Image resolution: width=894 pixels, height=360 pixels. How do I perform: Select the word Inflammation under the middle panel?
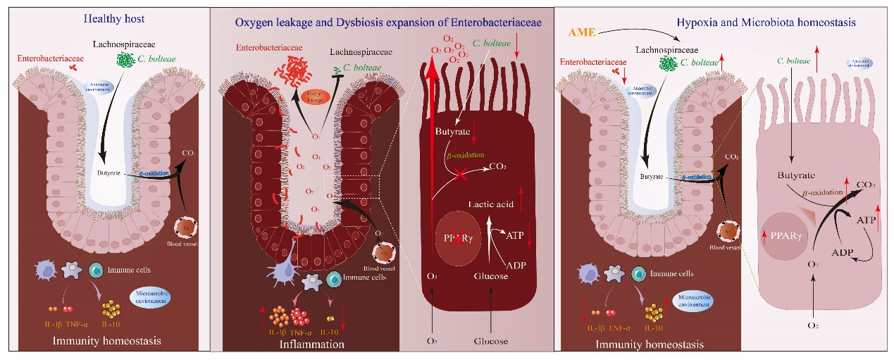click(312, 345)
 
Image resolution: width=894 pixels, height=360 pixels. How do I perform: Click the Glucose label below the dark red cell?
click(491, 341)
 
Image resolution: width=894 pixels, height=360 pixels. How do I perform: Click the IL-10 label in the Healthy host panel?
click(111, 325)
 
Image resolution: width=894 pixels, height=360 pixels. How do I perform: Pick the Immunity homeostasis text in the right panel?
click(650, 345)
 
